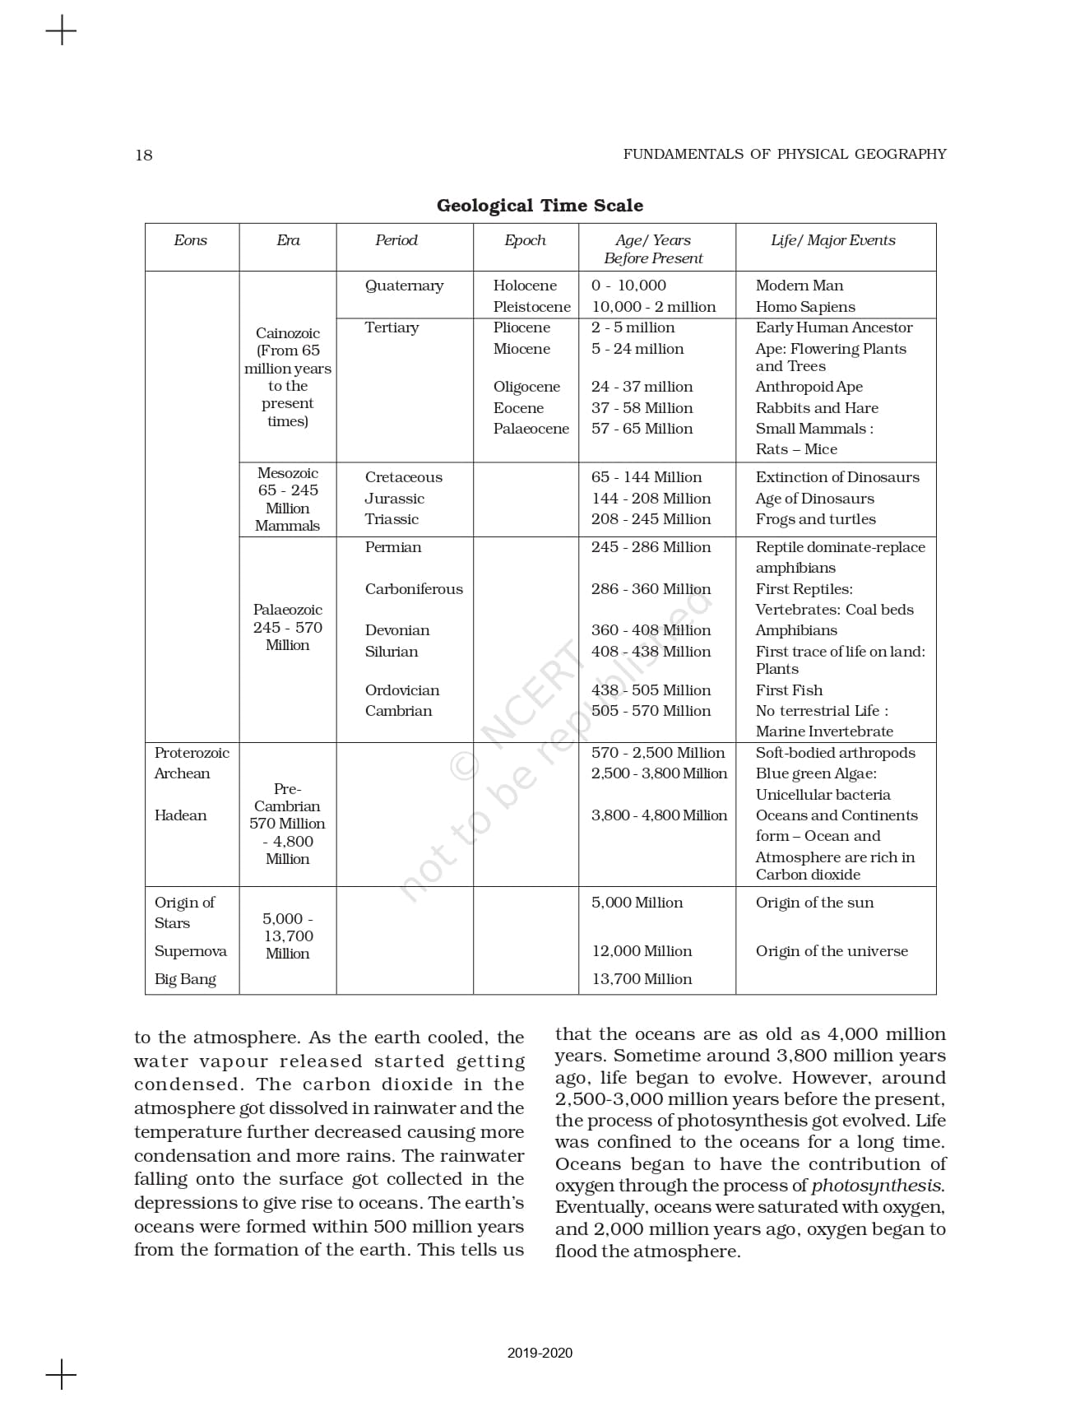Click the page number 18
point(143,155)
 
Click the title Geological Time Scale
point(540,205)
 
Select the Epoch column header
point(525,240)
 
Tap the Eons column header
point(190,240)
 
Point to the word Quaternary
point(404,286)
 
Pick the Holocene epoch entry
point(525,286)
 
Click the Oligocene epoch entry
point(526,387)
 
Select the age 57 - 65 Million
point(642,429)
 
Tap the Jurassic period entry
point(395,499)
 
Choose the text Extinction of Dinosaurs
point(837,477)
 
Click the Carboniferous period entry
point(414,589)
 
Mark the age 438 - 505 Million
point(651,690)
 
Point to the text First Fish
point(789,690)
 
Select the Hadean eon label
point(180,815)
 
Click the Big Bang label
point(185,979)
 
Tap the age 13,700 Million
point(642,979)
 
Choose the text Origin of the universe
point(832,951)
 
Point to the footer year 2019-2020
point(540,1353)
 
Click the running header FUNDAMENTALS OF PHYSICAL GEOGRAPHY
point(784,154)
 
